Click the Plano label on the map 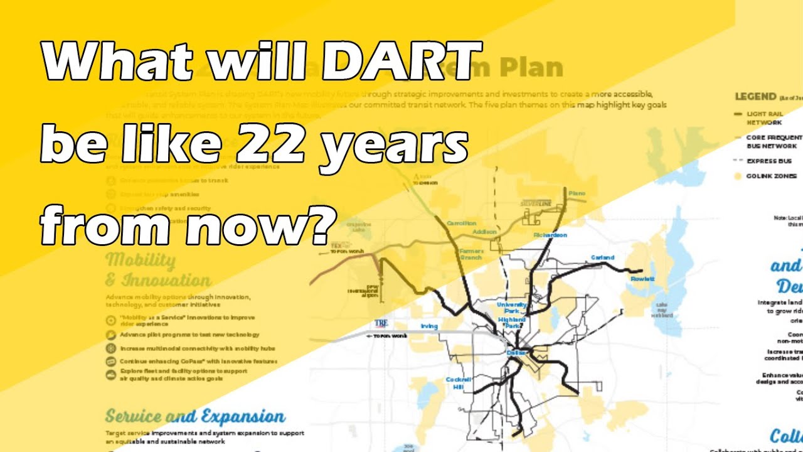tap(577, 193)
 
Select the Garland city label tap(602, 257)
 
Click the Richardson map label tap(550, 235)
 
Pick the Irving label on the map tap(429, 326)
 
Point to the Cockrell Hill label tap(458, 384)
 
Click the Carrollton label tap(461, 223)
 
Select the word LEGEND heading tap(755, 97)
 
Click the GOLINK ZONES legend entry tap(771, 176)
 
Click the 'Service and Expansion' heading tap(194, 416)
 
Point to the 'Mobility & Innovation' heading tap(157, 270)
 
